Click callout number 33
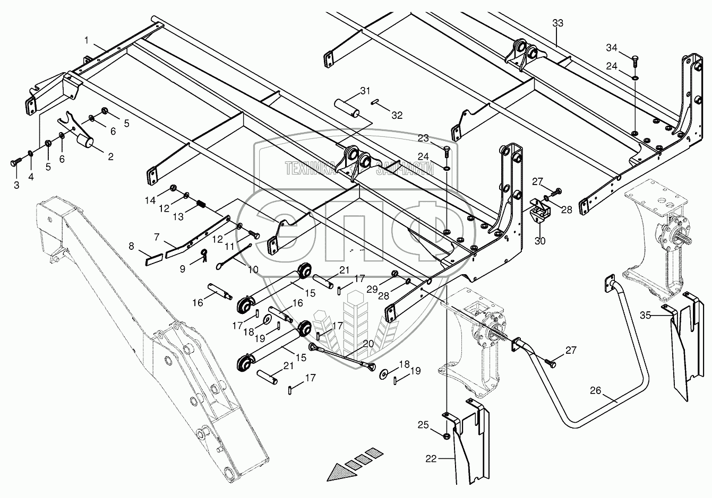tap(557, 23)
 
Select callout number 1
tap(86, 40)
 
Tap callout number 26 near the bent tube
tap(596, 391)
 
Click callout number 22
tap(431, 459)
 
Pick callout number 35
tap(645, 315)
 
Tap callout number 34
tap(612, 48)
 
